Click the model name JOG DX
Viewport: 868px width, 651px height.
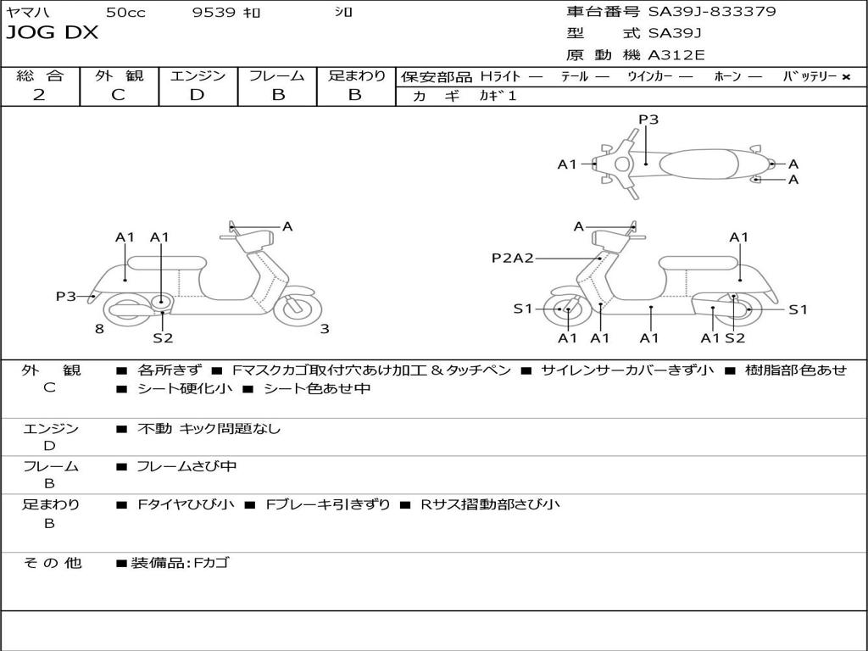pyautogui.click(x=52, y=33)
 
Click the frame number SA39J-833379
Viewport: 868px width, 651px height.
pyautogui.click(x=712, y=11)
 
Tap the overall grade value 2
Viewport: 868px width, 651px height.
pyautogui.click(x=39, y=95)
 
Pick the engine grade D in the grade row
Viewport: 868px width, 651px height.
pyautogui.click(x=197, y=95)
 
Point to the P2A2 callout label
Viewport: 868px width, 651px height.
pyautogui.click(x=513, y=258)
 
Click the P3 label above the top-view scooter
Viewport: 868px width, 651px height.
pyautogui.click(x=648, y=119)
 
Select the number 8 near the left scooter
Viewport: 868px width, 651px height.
pyautogui.click(x=99, y=329)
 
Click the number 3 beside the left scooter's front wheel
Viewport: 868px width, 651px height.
pyautogui.click(x=325, y=329)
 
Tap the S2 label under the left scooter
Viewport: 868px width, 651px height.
pyautogui.click(x=163, y=337)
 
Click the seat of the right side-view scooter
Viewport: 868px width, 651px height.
pyautogui.click(x=699, y=263)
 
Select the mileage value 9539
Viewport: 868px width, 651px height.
pyautogui.click(x=214, y=12)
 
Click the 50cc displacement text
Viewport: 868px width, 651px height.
pyautogui.click(x=125, y=12)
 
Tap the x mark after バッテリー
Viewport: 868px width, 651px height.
pyautogui.click(x=846, y=77)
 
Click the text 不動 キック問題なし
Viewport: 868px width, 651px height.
pyautogui.click(x=209, y=428)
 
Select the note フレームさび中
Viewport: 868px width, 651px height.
pyautogui.click(x=186, y=467)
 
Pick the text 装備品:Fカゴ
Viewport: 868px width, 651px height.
pyautogui.click(x=180, y=563)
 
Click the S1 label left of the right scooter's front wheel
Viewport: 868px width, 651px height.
pyautogui.click(x=522, y=309)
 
